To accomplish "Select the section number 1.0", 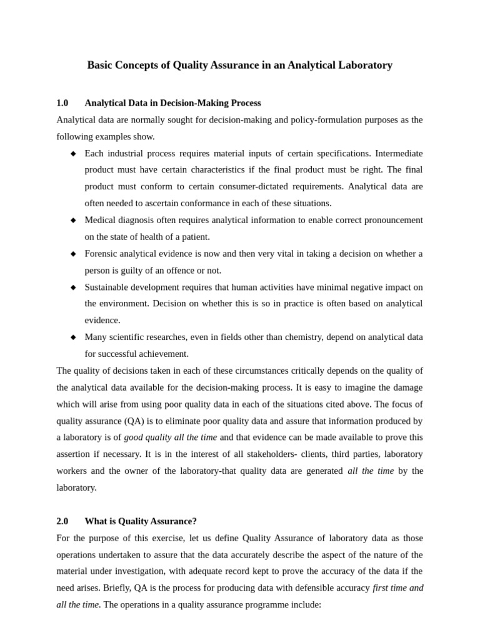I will [62, 103].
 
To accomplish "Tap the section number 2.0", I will [62, 521].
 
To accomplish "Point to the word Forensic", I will [102, 254].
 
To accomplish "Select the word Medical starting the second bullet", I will [101, 220].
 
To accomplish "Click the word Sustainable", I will [107, 287].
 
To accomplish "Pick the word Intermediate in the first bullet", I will [399, 153].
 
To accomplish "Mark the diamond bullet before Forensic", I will [73, 254].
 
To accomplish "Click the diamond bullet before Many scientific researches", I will [73, 337].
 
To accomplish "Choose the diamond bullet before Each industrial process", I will [73, 154].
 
